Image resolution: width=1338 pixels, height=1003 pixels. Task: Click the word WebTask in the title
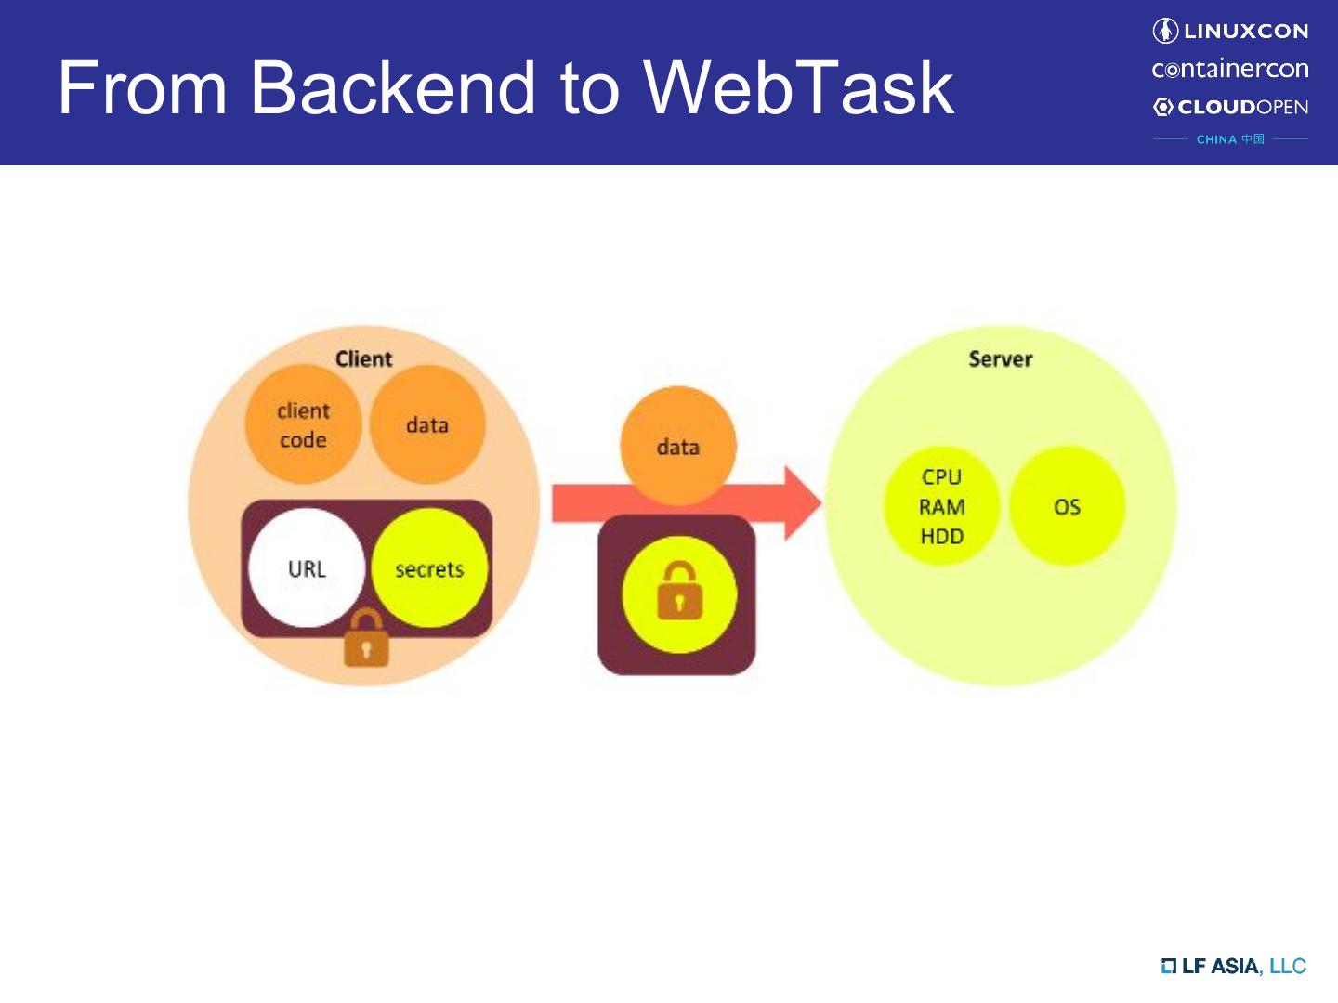[798, 87]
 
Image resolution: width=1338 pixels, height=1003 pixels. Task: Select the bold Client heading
[363, 359]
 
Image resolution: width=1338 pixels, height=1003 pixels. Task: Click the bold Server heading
[1000, 359]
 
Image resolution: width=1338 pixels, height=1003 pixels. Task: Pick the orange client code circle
[303, 425]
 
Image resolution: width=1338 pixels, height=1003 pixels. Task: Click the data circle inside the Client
[427, 425]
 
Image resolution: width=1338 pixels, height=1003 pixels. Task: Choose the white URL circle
[307, 568]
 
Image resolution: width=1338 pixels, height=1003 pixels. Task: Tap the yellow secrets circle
[429, 568]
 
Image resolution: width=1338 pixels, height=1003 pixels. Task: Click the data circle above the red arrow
[677, 446]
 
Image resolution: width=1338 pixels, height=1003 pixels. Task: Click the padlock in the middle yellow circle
[679, 593]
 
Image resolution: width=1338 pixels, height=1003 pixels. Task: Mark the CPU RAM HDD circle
[941, 506]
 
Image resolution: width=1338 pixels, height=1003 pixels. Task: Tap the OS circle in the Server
[1067, 506]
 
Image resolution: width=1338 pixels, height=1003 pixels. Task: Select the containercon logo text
[1230, 69]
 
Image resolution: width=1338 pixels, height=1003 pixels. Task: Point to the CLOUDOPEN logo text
[1241, 107]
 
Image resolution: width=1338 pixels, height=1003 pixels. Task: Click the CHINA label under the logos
[1216, 139]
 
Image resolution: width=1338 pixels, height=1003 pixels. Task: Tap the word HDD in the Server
[941, 537]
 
